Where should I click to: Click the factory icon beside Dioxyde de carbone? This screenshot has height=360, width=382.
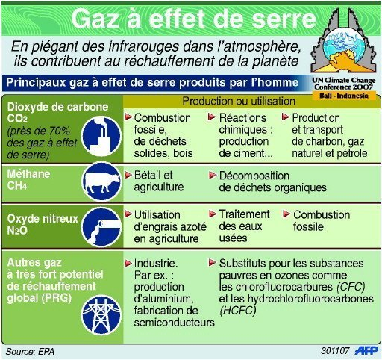click(101, 136)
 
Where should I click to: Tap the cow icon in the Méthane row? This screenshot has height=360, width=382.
click(101, 181)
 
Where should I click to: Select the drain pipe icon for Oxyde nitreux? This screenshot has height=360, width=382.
click(101, 227)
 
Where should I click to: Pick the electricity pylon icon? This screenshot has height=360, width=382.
click(101, 314)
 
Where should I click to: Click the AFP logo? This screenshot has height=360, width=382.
click(366, 350)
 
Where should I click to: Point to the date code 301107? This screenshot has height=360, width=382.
click(335, 350)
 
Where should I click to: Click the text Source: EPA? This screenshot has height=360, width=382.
click(30, 351)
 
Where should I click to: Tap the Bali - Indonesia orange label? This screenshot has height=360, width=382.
click(344, 96)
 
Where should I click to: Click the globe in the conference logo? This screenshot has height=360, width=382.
click(342, 47)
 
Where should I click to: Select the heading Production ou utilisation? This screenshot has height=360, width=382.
click(239, 101)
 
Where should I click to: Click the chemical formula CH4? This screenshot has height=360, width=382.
click(17, 186)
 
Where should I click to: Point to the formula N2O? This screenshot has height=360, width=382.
click(17, 230)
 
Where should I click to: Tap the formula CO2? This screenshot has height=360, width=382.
click(17, 119)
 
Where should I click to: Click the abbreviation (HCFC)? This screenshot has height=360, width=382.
click(238, 311)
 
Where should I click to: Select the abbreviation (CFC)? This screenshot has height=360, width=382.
click(351, 287)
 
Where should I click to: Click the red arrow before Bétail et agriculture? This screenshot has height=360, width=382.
click(128, 175)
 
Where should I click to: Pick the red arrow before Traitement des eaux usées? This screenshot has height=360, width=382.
click(213, 214)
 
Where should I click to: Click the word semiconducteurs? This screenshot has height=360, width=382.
click(174, 323)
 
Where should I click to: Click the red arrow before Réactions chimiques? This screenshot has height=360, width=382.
click(212, 117)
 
